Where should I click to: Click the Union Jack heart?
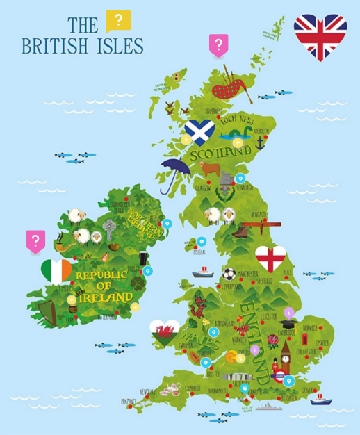pos(320,36)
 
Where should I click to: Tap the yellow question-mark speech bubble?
pos(118,21)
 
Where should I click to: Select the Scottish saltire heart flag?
pos(199,131)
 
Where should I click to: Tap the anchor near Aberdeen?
pos(261,144)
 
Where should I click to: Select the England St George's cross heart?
pos(270,258)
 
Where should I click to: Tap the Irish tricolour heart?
pos(56,270)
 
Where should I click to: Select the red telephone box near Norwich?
pos(304,340)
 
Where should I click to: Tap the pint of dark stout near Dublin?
pos(143,258)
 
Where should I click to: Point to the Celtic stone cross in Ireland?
pos(109,229)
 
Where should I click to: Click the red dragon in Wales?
pos(198,304)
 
